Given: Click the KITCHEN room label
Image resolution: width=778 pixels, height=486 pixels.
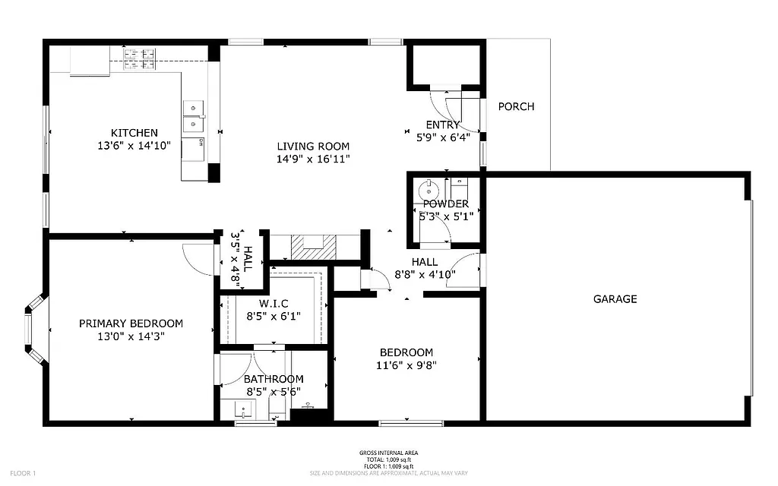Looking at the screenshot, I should click(134, 133).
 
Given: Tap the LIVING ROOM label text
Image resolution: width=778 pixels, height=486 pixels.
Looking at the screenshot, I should click(313, 147).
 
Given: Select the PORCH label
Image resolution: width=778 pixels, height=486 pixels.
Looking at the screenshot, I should click(516, 106).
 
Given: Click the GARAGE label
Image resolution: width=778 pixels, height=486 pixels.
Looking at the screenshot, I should click(615, 299).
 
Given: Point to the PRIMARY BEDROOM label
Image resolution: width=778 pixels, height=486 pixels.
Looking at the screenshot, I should click(131, 323).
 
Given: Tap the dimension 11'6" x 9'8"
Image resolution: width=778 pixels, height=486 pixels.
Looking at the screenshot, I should click(406, 364).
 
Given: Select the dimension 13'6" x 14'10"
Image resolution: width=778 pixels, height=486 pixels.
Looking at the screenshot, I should click(134, 145).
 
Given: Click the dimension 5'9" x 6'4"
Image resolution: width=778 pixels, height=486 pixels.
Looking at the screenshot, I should click(443, 137).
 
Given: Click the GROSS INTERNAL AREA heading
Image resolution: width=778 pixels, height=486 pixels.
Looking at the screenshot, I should click(388, 453).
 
